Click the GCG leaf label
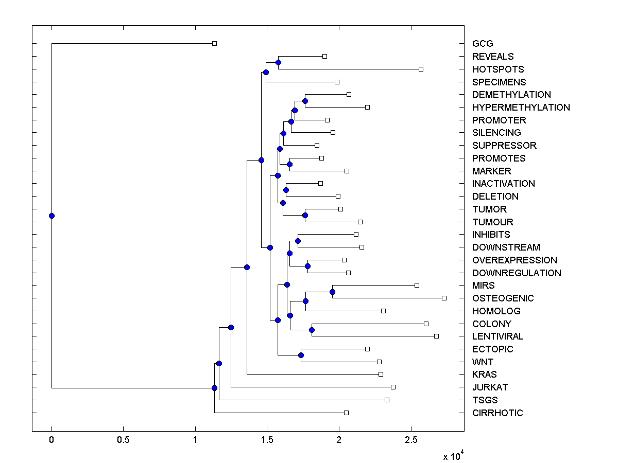pyautogui.click(x=483, y=44)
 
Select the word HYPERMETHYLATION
pyautogui.click(x=521, y=108)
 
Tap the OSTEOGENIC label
pyautogui.click(x=503, y=298)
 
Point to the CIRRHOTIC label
pyautogui.click(x=497, y=413)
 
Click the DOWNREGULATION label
pyautogui.click(x=517, y=273)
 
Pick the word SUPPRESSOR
pyautogui.click(x=504, y=146)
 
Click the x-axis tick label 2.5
pyautogui.click(x=411, y=440)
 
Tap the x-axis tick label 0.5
pyautogui.click(x=123, y=440)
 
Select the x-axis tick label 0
pyautogui.click(x=51, y=440)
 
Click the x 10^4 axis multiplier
pyautogui.click(x=453, y=456)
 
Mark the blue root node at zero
pyautogui.click(x=51, y=216)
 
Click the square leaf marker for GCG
pyautogui.click(x=215, y=43)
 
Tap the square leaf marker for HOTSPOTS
pyautogui.click(x=421, y=69)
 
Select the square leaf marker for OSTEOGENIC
pyautogui.click(x=444, y=298)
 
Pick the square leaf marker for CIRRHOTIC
pyautogui.click(x=346, y=413)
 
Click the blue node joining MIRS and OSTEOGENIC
pyautogui.click(x=332, y=292)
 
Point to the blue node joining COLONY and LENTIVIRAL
pyautogui.click(x=312, y=330)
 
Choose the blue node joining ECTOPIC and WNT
pyautogui.click(x=301, y=355)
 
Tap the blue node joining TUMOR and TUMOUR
pyautogui.click(x=305, y=215)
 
